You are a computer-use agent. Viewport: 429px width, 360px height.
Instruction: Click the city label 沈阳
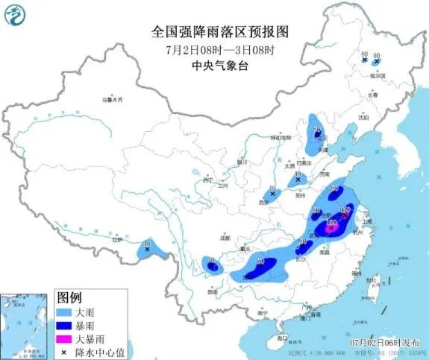pos(363,117)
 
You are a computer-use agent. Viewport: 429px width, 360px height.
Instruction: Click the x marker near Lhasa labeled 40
pos(148,250)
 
